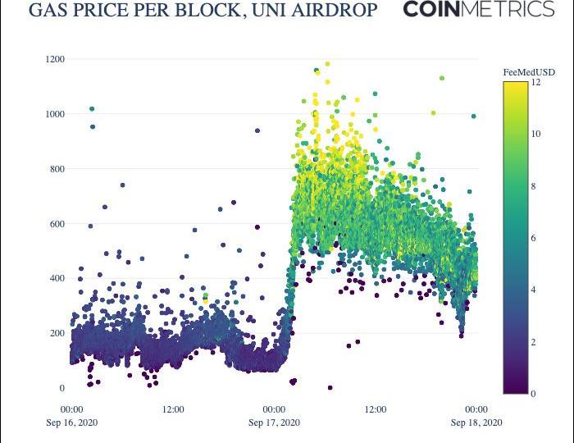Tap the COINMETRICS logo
tap(479, 10)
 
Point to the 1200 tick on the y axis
tap(56, 59)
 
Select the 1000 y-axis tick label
tap(56, 114)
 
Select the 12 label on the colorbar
tap(535, 82)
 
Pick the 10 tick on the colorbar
tap(535, 134)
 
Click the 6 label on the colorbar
tap(534, 238)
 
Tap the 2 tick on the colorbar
tap(534, 342)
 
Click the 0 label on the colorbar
tap(534, 394)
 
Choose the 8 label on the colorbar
tap(534, 186)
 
